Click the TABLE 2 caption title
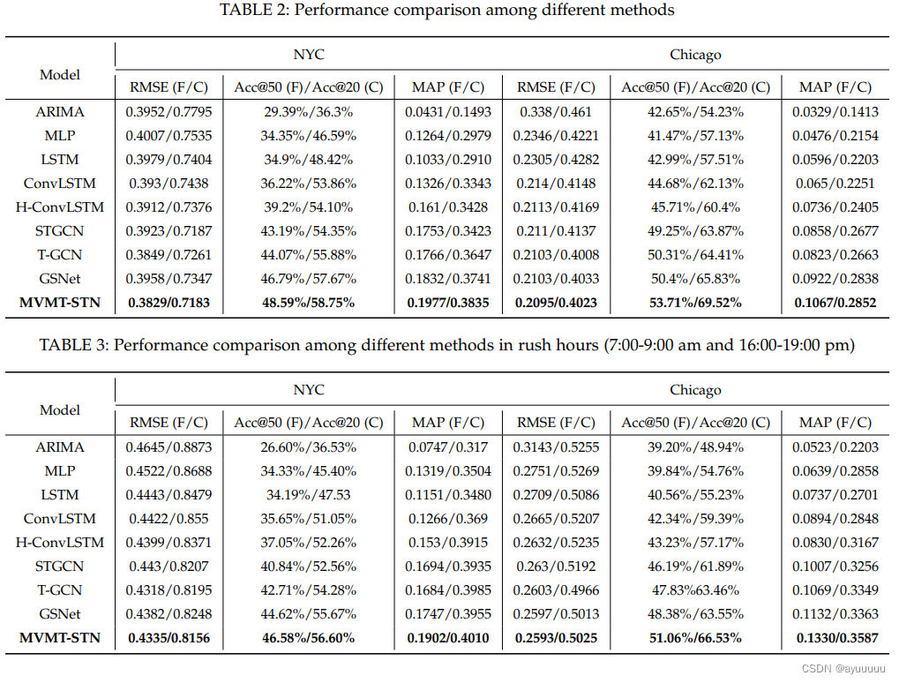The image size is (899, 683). (449, 11)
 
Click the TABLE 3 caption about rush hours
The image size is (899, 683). (447, 346)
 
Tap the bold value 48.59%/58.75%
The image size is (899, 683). (308, 303)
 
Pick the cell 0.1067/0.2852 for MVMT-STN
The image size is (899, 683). (835, 303)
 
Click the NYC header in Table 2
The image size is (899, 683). (308, 55)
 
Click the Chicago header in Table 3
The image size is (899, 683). (695, 390)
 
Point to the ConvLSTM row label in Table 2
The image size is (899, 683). (60, 184)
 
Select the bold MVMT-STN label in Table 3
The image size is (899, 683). (60, 638)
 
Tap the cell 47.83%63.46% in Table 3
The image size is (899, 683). (695, 590)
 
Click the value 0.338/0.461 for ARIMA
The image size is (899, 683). (556, 112)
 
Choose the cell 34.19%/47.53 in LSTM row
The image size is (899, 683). (308, 495)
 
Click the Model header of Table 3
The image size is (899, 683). (60, 410)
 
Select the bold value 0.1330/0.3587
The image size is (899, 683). (835, 638)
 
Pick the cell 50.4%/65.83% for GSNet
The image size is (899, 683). (695, 279)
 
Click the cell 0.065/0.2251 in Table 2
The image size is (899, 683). (835, 184)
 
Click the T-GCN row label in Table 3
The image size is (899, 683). (60, 590)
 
